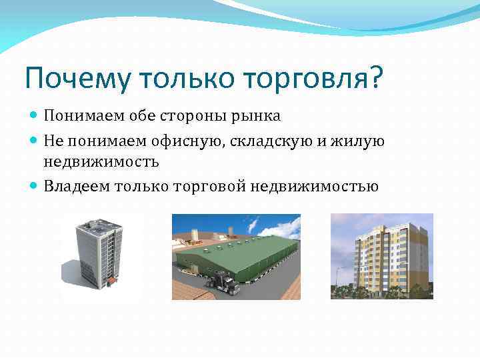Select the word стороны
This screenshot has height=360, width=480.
196,117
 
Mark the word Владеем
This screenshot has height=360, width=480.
77,187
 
